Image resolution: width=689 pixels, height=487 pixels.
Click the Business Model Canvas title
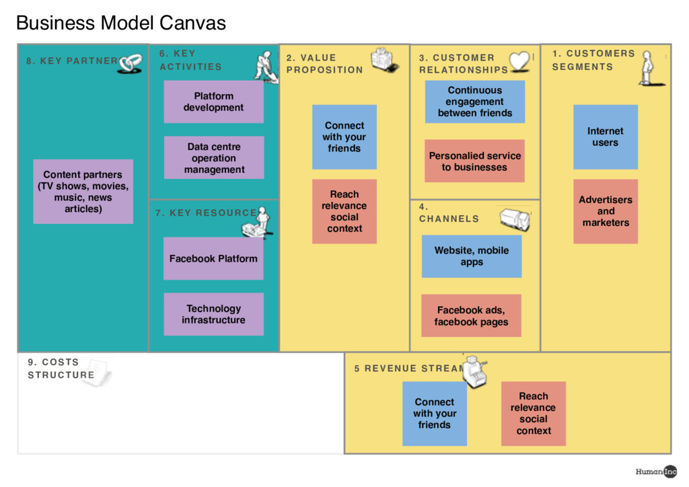pyautogui.click(x=121, y=23)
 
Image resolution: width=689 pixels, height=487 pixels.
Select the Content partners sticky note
pyautogui.click(x=83, y=192)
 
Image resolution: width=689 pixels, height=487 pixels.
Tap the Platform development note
pyautogui.click(x=213, y=102)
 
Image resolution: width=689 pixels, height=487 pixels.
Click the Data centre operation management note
pyautogui.click(x=214, y=158)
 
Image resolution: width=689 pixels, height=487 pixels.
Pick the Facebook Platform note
pyautogui.click(x=213, y=258)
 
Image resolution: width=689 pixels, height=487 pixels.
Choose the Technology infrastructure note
pyautogui.click(x=213, y=314)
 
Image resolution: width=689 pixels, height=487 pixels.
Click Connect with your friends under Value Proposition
pyautogui.click(x=344, y=137)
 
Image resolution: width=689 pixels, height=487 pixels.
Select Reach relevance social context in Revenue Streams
pyautogui.click(x=533, y=414)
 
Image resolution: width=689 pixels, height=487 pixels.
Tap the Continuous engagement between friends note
pyautogui.click(x=474, y=102)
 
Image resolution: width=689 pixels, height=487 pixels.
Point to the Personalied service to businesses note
pyautogui.click(x=474, y=161)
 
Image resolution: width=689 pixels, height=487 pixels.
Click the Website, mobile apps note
pyautogui.click(x=471, y=256)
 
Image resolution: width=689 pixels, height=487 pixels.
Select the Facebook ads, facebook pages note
pyautogui.click(x=471, y=316)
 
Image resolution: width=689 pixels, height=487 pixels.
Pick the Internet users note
pyautogui.click(x=605, y=137)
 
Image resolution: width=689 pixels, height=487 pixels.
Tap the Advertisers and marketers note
pyautogui.click(x=605, y=211)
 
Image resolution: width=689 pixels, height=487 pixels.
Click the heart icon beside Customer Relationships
pyautogui.click(x=520, y=61)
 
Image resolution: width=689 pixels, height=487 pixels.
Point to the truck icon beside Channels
pyautogui.click(x=515, y=219)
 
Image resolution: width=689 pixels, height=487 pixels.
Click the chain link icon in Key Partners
pyautogui.click(x=131, y=63)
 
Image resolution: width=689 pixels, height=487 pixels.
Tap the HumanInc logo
pyautogui.click(x=656, y=472)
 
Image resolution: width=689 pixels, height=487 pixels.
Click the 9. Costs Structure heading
pyautogui.click(x=61, y=369)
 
